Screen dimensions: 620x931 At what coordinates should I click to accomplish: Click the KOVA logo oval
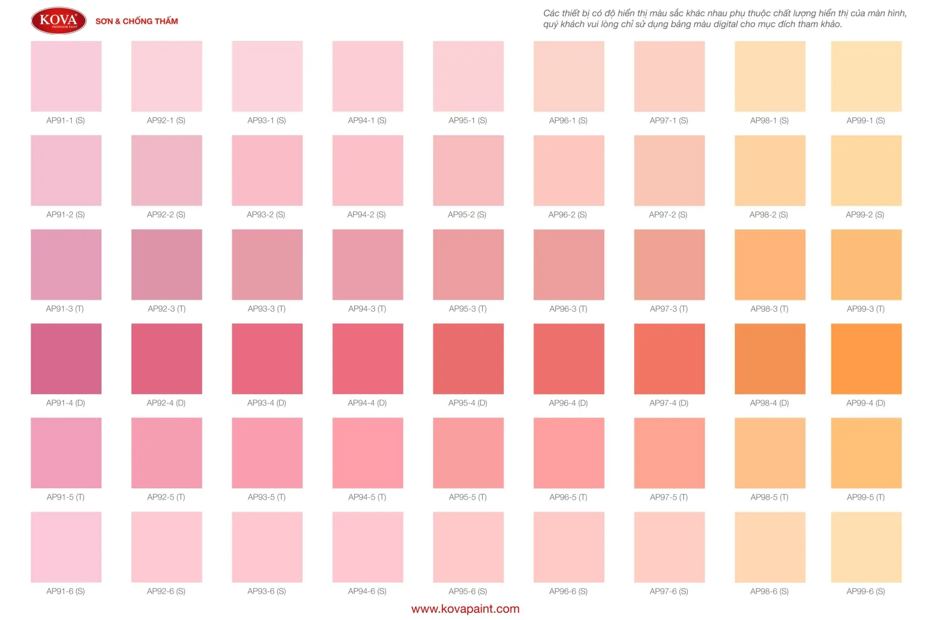coord(59,20)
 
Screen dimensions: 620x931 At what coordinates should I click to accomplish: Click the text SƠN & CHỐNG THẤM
coord(136,21)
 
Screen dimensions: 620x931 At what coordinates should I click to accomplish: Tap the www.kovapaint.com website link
coord(465,609)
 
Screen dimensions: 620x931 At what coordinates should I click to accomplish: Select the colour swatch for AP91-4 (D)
coord(66,358)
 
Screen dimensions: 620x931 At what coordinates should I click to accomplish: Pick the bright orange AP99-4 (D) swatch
coord(866,358)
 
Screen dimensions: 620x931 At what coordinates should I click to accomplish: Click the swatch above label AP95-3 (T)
coord(468,264)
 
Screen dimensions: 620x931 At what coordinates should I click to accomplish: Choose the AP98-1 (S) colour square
coord(770,76)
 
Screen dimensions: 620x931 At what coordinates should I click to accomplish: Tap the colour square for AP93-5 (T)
coord(267,453)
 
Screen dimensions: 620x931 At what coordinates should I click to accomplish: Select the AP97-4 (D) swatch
coord(669,358)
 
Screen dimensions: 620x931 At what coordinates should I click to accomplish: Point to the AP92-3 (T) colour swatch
coord(166,264)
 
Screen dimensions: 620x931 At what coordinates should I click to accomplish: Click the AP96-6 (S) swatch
coord(569,547)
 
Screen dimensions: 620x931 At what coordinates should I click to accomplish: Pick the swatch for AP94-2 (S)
coord(367,170)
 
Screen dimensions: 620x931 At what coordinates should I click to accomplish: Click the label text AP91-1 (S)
coord(65,120)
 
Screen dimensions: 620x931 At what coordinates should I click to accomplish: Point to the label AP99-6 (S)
coord(866,591)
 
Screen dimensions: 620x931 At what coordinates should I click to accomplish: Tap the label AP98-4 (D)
coord(769,403)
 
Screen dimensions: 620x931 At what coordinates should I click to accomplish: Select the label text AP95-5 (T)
coord(468,497)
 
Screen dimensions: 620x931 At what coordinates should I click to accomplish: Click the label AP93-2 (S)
coord(266,214)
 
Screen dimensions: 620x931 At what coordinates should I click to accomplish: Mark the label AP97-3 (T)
coord(669,309)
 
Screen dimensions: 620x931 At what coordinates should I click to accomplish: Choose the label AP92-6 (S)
coord(166,591)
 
